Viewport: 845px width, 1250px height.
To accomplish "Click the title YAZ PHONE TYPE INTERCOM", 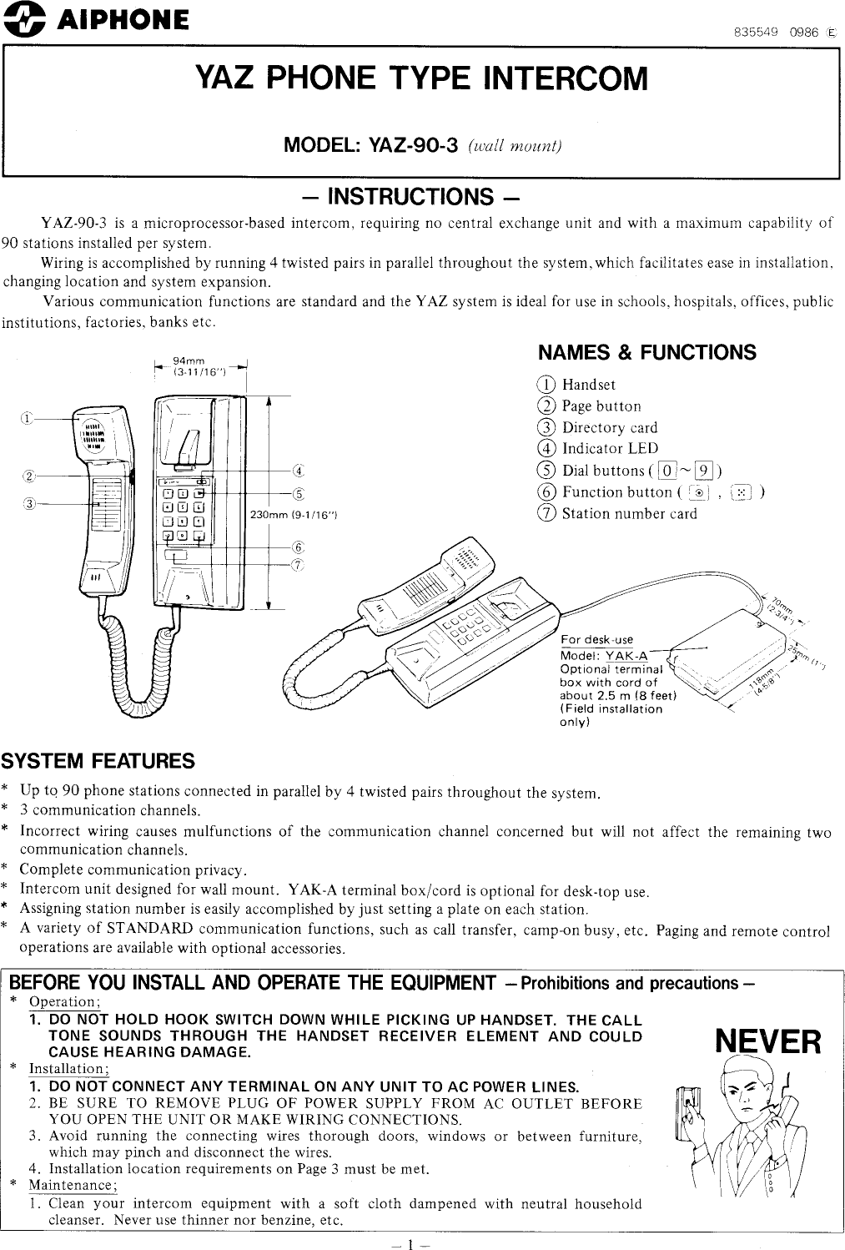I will pos(421,78).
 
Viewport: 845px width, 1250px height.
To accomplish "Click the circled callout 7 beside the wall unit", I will pos(299,565).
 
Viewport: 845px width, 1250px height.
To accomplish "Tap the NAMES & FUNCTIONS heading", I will pos(646,352).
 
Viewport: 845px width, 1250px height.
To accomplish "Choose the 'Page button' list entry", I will pos(601,406).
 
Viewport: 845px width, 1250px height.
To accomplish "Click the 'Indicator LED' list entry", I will pos(609,449).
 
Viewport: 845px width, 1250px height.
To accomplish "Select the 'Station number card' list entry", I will pos(628,513).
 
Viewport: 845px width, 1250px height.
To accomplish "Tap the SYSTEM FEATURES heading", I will pos(98,761).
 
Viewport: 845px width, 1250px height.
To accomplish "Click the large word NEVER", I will pos(768,1042).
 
